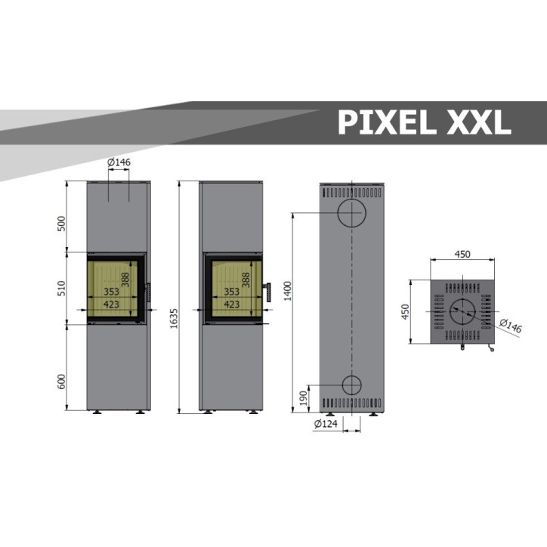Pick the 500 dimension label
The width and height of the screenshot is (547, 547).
[63, 224]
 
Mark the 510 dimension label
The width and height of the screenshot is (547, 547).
[63, 288]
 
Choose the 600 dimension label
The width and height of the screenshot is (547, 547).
[63, 382]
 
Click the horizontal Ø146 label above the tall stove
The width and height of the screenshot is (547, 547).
[119, 162]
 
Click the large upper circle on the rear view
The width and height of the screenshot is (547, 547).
[351, 214]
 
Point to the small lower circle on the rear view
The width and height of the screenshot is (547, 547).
[351, 385]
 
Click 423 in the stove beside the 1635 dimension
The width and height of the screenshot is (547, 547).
[232, 304]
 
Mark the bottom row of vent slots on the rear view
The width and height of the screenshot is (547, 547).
[351, 402]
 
